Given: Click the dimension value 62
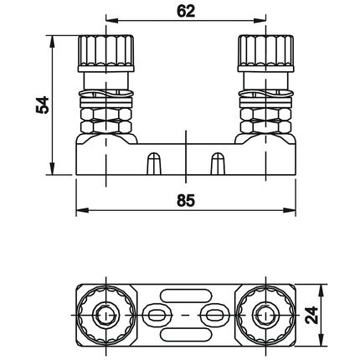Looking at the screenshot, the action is click(x=186, y=12).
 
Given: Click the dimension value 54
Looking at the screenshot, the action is click(x=43, y=105).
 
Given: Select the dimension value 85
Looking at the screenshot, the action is click(x=186, y=200).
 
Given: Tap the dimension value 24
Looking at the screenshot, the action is click(x=311, y=315).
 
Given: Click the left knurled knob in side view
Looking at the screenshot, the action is click(x=105, y=54).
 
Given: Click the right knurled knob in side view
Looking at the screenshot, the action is click(x=265, y=54).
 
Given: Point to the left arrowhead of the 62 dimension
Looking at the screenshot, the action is click(x=112, y=20).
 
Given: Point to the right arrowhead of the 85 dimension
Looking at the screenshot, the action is click(x=290, y=210).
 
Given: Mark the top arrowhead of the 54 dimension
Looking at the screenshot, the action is click(x=51, y=42).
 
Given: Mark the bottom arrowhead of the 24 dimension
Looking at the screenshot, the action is click(x=321, y=341).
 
